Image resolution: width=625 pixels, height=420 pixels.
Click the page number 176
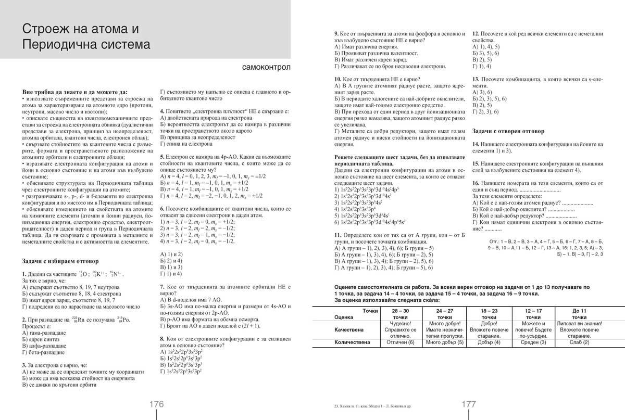pyautogui.click(x=157, y=404)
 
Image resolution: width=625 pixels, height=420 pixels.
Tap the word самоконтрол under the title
pyautogui.click(x=266, y=68)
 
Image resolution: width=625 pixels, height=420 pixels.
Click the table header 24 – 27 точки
pyautogui.click(x=444, y=313)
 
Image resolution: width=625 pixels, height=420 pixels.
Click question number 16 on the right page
pyautogui.click(x=475, y=183)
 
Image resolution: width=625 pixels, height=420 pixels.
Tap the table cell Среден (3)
pyautogui.click(x=533, y=342)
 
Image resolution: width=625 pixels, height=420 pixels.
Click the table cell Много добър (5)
pyautogui.click(x=444, y=342)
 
